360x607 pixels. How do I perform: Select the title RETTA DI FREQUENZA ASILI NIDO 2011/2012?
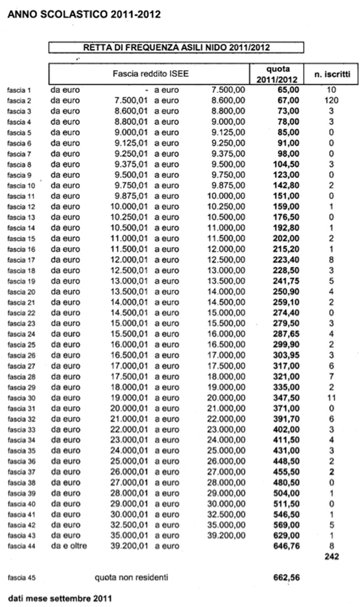[176, 47]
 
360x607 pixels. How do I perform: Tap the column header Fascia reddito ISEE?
[149, 74]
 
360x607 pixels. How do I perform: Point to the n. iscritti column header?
[331, 74]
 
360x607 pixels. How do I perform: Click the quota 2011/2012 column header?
[277, 74]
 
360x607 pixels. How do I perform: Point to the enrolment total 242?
[331, 557]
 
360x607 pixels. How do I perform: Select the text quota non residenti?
[131, 578]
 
